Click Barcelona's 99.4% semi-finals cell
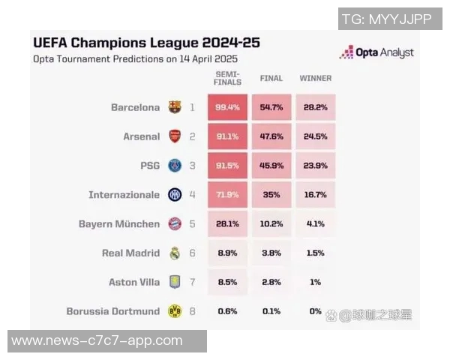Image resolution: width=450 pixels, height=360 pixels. point(227,107)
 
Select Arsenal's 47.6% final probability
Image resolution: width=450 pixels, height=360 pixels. point(271,136)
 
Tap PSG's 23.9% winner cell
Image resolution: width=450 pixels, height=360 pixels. point(315,166)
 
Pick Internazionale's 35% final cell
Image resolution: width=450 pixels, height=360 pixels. point(271,195)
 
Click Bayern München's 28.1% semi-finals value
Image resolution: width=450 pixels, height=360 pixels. point(227,223)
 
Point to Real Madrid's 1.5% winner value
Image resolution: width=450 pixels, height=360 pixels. point(315,253)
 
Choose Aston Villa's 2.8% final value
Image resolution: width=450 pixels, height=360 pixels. point(271,282)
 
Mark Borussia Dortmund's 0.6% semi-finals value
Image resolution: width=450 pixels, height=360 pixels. point(227,310)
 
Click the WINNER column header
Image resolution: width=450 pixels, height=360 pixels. point(315,78)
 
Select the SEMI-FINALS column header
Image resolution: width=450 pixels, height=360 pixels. point(227,78)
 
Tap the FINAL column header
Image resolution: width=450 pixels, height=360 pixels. point(271,78)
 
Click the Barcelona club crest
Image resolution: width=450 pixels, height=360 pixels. point(175,107)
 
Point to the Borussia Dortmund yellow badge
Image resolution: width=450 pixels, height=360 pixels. point(175,311)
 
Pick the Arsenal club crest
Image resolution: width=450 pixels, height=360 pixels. point(175,136)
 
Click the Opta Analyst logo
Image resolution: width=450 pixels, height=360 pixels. point(376,52)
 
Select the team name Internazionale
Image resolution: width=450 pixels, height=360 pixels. point(124,195)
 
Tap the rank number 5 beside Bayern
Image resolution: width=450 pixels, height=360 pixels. point(192,223)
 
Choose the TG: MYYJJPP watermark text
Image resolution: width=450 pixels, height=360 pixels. point(386,19)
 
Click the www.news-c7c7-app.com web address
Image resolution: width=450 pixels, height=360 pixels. point(97,340)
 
